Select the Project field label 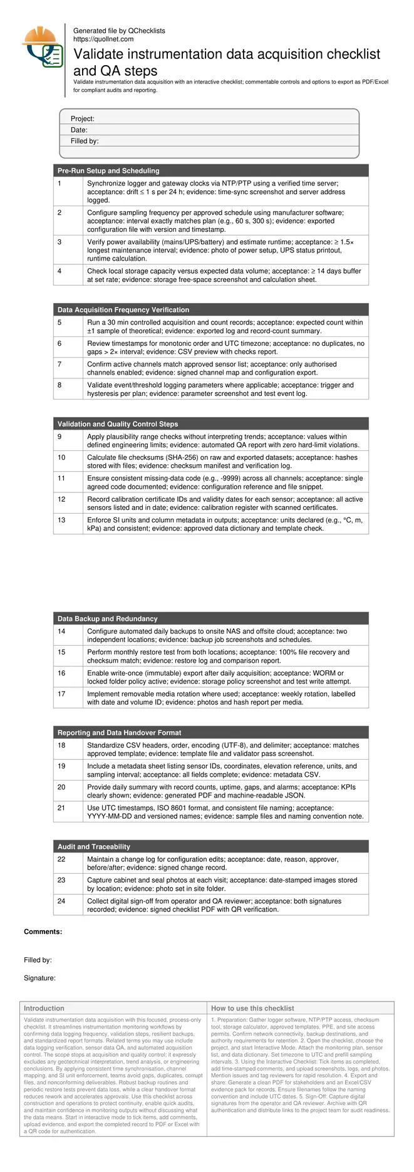pyautogui.click(x=83, y=118)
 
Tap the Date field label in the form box pyautogui.click(x=79, y=130)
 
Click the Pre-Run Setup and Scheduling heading pyautogui.click(x=108, y=170)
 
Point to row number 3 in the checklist pyautogui.click(x=60, y=242)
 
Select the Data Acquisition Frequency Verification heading pyautogui.click(x=123, y=309)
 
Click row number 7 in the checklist pyautogui.click(x=60, y=364)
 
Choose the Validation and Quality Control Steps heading pyautogui.click(x=118, y=424)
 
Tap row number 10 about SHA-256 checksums pyautogui.click(x=61, y=458)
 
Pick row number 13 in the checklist pyautogui.click(x=61, y=520)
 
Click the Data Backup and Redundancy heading pyautogui.click(x=108, y=618)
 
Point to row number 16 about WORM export pyautogui.click(x=61, y=673)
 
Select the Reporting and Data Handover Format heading pyautogui.click(x=120, y=732)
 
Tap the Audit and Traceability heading pyautogui.click(x=94, y=846)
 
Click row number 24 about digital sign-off pyautogui.click(x=61, y=901)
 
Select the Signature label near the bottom pyautogui.click(x=40, y=978)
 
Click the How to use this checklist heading pyautogui.click(x=252, y=1009)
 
